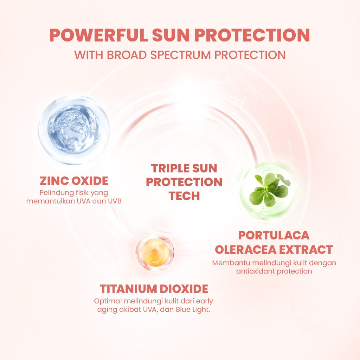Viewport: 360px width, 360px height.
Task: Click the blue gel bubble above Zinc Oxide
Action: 74,130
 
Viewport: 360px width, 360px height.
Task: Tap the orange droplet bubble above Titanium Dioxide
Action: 155,252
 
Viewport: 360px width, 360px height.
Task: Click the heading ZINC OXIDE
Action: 74,181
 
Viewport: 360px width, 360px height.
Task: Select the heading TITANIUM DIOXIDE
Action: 154,289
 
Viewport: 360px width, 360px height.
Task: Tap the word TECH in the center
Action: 184,196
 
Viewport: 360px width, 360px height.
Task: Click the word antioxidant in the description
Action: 256,271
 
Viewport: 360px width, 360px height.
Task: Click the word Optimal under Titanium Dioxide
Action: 106,301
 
